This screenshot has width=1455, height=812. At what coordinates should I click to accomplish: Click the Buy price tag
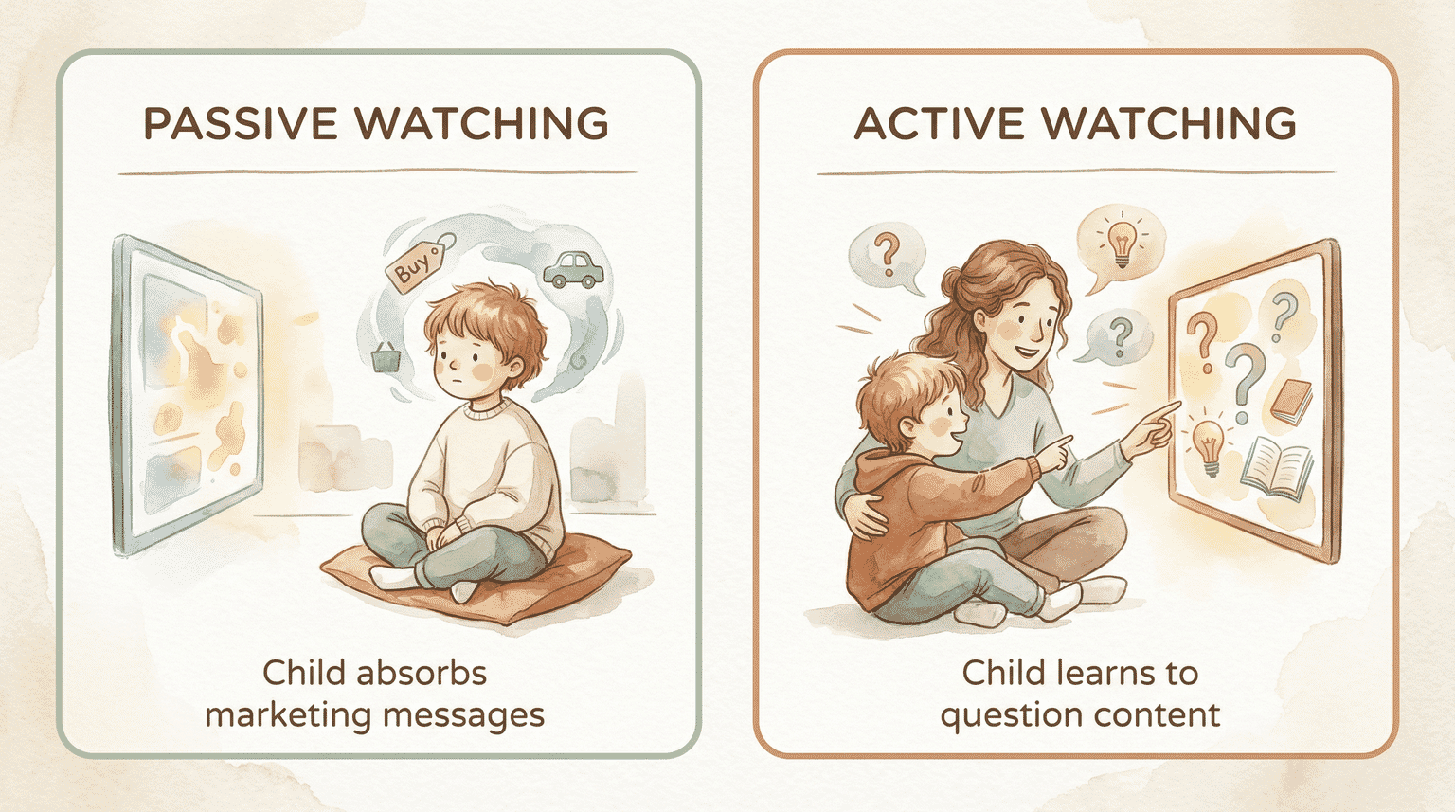pos(419,261)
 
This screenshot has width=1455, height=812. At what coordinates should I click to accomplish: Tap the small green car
pos(574,270)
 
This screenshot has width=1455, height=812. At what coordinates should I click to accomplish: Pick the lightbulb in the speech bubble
pos(1122,241)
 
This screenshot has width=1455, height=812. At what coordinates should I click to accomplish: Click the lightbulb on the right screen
pos(1208,445)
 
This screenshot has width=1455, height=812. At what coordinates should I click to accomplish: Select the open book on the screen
pos(1276,466)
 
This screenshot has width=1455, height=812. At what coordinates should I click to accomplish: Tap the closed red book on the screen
pos(1290,401)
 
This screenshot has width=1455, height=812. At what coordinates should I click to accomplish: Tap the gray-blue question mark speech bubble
pos(1119,336)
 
